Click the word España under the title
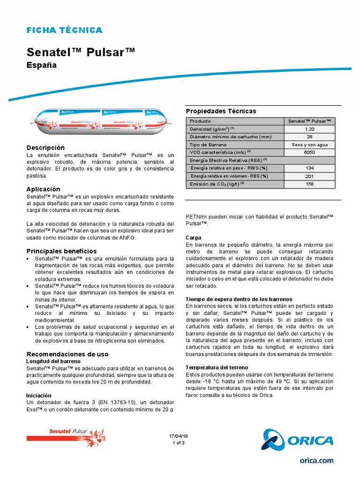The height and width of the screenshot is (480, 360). coord(41,65)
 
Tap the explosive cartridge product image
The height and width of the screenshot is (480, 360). coord(101,119)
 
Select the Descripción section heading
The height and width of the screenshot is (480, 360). coord(45,148)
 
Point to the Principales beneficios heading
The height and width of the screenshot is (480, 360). coord(61,251)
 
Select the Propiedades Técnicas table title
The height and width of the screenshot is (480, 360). coord(221,111)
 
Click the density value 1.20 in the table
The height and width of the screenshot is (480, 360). coord(309,128)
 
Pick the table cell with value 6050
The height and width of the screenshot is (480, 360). coord(309,152)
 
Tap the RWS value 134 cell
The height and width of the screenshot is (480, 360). coord(309,168)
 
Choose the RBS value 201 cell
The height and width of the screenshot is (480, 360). coord(309,176)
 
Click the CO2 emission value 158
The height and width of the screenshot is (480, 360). coord(309,184)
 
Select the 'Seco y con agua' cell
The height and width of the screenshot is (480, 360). coord(309,144)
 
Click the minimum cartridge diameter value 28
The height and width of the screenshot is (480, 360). coord(309,136)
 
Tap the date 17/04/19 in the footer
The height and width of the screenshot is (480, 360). coord(178,436)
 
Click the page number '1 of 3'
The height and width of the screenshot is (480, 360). coord(179,442)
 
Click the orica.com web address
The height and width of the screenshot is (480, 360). coord(316,461)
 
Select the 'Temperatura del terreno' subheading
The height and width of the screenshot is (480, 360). coord(217,367)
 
